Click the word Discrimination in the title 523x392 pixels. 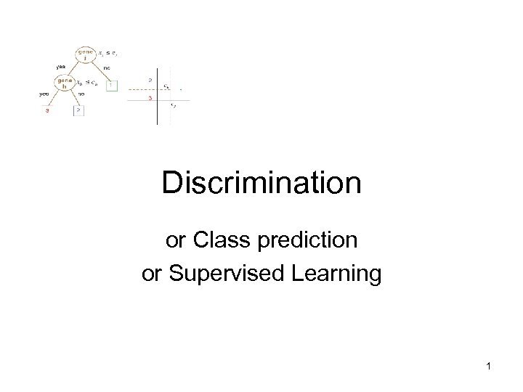tap(261, 183)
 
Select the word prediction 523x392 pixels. tap(315, 239)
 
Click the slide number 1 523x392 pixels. tap(490, 367)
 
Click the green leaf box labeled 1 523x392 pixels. tap(110, 86)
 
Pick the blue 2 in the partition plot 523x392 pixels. tap(150, 80)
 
